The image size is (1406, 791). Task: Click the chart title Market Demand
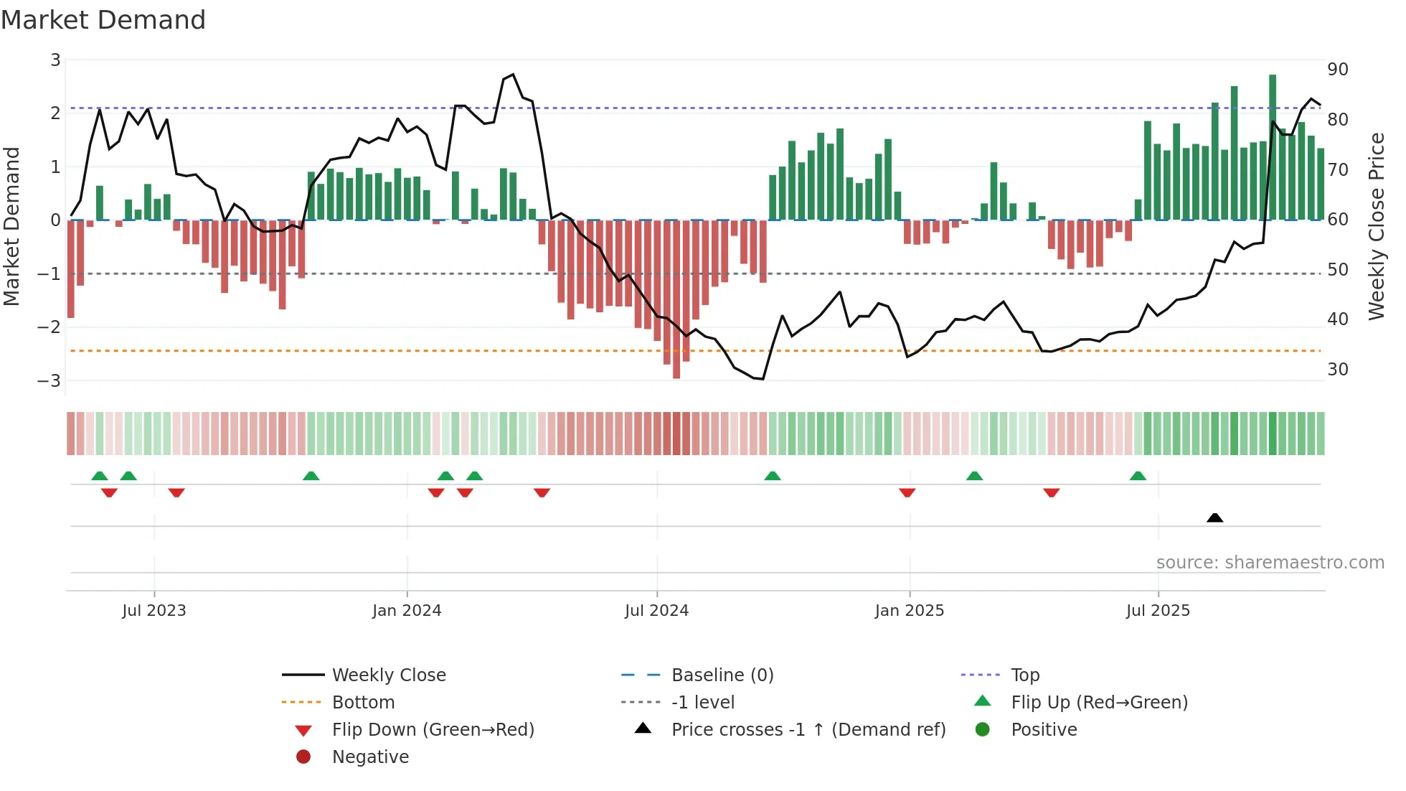(103, 19)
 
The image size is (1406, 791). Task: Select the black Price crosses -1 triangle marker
(1214, 518)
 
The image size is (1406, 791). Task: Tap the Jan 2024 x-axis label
(407, 611)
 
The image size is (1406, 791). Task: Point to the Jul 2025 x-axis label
(1158, 611)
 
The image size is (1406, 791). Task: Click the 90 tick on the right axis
(1337, 70)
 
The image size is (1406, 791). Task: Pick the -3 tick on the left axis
(49, 380)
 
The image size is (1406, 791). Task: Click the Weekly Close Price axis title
(1376, 226)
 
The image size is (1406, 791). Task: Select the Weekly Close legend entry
(388, 675)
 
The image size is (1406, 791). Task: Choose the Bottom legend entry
(363, 703)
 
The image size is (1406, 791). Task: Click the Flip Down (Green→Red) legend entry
(433, 730)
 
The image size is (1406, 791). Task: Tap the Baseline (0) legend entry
(722, 675)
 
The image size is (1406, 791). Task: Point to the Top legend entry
(1024, 675)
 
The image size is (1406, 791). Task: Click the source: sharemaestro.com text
(1270, 563)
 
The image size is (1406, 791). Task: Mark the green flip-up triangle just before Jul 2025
(1138, 476)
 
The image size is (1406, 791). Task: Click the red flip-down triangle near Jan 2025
(907, 492)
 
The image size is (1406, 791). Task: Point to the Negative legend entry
(370, 757)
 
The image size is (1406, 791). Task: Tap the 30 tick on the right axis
(1337, 370)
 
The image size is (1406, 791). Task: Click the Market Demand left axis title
(12, 226)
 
